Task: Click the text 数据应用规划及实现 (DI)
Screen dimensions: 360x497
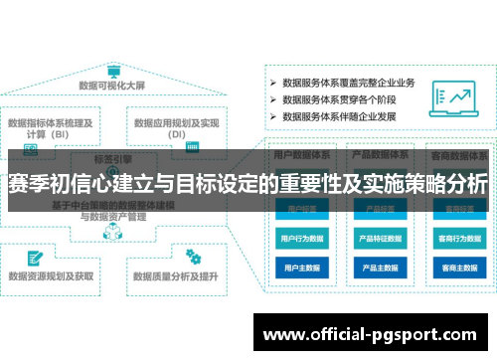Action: [177, 128]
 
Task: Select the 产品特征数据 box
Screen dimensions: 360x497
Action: [380, 239]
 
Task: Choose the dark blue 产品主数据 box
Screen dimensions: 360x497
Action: [380, 268]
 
